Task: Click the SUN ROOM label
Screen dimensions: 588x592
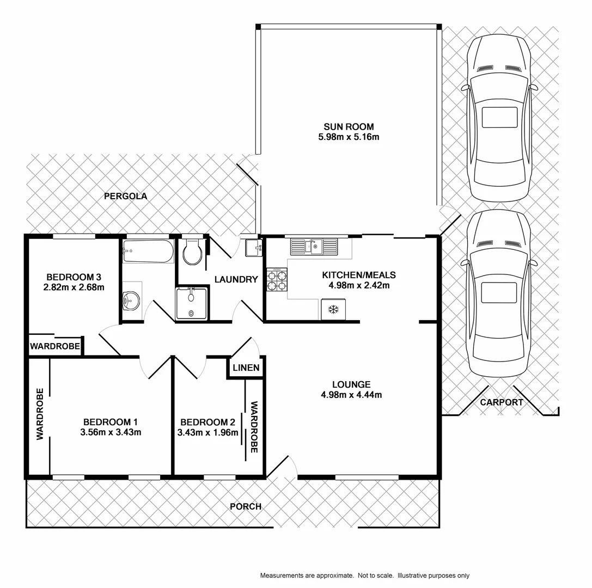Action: (x=349, y=127)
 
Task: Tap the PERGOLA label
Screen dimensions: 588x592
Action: (x=126, y=196)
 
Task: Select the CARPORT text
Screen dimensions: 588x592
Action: (x=502, y=402)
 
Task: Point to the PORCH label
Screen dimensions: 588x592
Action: (x=246, y=506)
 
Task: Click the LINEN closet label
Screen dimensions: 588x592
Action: (x=246, y=367)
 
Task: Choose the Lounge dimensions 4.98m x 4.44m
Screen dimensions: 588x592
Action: (x=352, y=395)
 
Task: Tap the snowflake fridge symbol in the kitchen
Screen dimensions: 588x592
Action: (x=333, y=309)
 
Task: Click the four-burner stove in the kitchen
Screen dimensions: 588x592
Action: (x=277, y=280)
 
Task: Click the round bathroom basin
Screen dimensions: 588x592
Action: (x=131, y=299)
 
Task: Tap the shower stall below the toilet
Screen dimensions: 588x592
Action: (x=191, y=304)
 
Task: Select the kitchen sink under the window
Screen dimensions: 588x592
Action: (x=314, y=247)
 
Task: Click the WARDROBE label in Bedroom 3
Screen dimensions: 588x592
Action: (x=56, y=346)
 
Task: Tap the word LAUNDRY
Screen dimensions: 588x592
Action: (x=236, y=279)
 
